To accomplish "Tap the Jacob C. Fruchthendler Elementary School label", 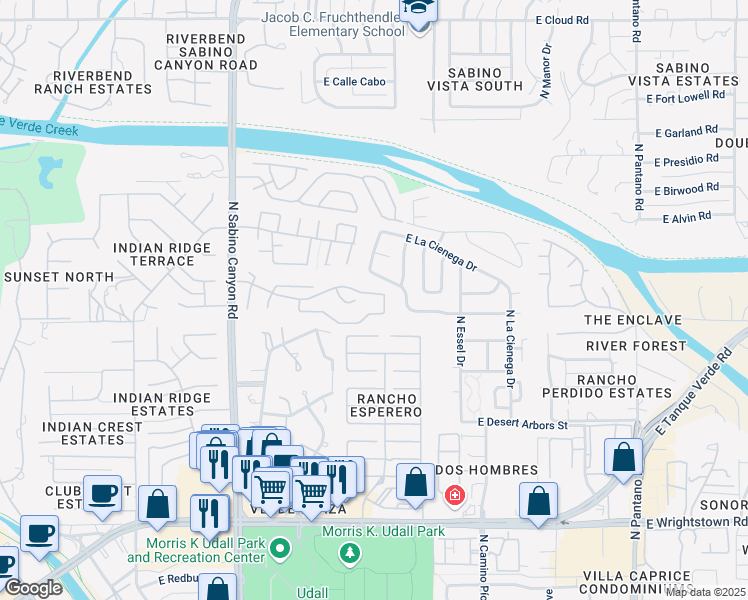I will point(333,24).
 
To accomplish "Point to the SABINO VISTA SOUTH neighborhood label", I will point(485,79).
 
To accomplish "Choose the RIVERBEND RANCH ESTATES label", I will point(93,82).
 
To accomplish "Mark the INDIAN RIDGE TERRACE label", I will point(154,254).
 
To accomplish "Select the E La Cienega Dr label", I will point(441,254).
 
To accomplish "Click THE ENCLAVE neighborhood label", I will point(632,320).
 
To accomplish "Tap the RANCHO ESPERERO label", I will point(386,405).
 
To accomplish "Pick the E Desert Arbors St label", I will point(522,424).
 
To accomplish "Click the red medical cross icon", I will point(454,495).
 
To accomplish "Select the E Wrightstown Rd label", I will point(696,522).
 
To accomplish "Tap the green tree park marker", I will point(349,551).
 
